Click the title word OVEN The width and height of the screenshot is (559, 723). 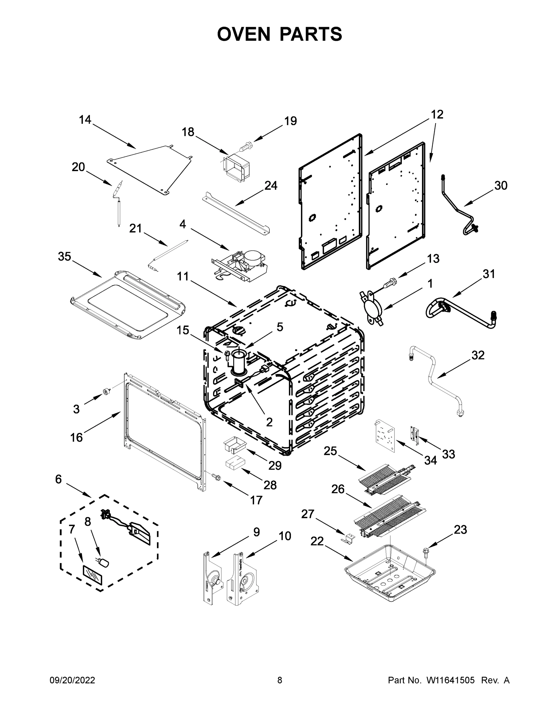pyautogui.click(x=244, y=34)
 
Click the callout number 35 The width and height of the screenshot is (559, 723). pyautogui.click(x=64, y=256)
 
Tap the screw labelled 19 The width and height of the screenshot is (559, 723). pyautogui.click(x=246, y=146)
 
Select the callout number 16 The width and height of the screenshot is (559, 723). pyautogui.click(x=77, y=437)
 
